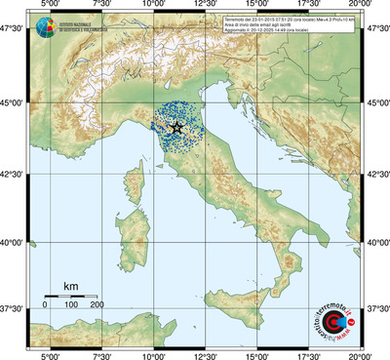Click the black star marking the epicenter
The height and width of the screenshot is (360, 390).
click(x=176, y=128)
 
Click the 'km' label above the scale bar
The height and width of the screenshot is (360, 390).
click(x=70, y=286)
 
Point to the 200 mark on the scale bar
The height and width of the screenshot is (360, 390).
click(x=97, y=305)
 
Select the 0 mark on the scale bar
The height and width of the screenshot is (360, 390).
click(x=45, y=305)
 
